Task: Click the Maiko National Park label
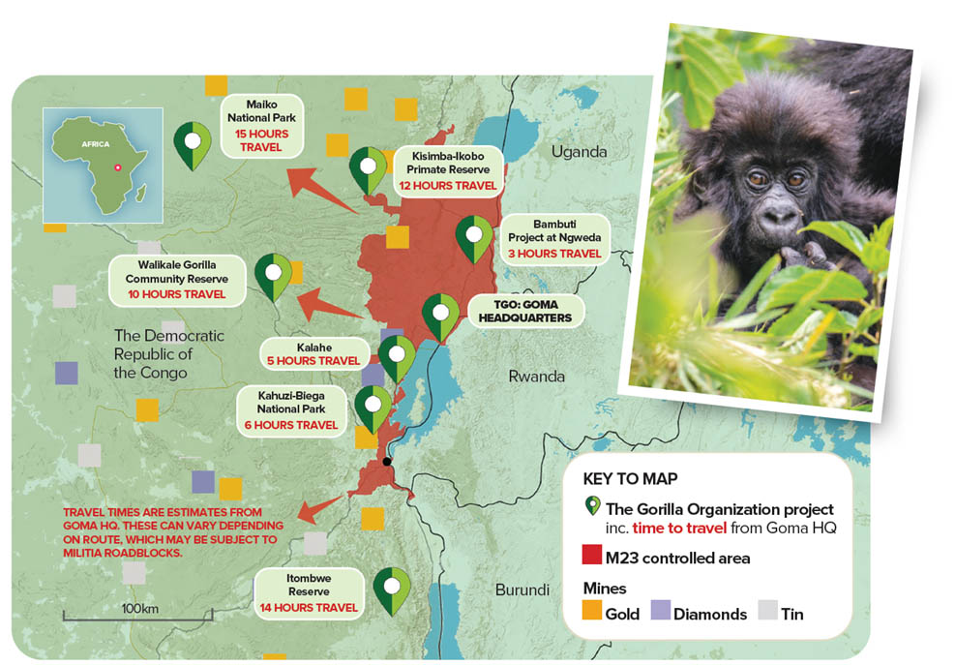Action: [261, 126]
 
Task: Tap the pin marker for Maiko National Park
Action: [193, 145]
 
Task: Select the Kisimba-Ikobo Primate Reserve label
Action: [448, 170]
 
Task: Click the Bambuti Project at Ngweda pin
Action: [474, 238]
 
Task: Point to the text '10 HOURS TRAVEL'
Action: [177, 294]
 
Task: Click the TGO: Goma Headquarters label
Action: [525, 311]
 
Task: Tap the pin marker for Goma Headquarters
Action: [440, 317]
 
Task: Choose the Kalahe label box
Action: [314, 354]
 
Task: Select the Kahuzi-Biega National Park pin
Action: [373, 409]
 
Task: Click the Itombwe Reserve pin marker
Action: [392, 591]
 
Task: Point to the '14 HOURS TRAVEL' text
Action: [309, 608]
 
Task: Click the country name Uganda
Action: [579, 152]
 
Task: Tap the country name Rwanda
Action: [537, 377]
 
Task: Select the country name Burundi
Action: [522, 590]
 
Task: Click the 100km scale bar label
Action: [139, 608]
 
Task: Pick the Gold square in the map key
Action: [592, 610]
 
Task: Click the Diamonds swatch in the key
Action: [661, 610]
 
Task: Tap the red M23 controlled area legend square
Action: [592, 555]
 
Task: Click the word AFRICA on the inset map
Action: [96, 144]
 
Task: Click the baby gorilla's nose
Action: [778, 215]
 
